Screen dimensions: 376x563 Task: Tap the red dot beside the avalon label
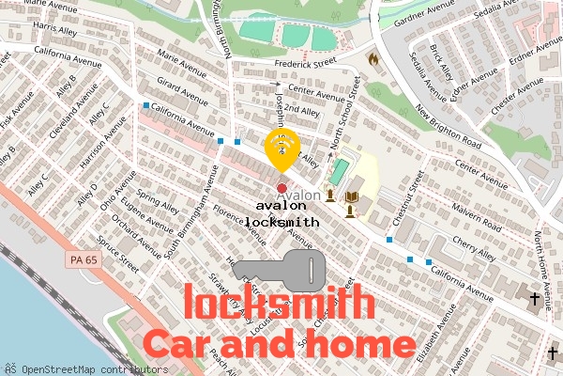coord(281,189)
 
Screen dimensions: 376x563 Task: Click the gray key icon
coord(279,269)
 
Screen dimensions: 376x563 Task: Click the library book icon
coord(351,196)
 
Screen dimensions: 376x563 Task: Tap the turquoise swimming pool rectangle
coord(338,170)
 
